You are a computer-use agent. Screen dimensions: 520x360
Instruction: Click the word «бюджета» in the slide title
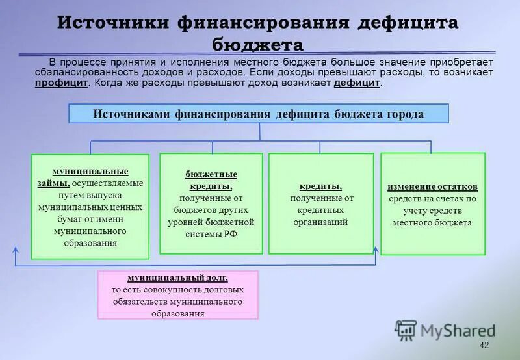coord(259,44)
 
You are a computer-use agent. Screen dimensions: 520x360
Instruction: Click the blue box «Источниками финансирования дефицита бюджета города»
coord(259,114)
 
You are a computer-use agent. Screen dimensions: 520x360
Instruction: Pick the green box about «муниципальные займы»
coord(90,207)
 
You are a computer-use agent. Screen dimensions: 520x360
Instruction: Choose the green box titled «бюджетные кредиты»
coord(211,203)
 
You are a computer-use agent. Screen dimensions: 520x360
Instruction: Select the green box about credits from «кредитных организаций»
coord(321,203)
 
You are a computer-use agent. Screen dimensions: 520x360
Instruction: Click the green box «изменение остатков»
coord(432,203)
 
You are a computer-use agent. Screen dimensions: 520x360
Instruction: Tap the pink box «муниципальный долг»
coord(177,295)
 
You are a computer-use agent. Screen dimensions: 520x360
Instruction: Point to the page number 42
coord(482,344)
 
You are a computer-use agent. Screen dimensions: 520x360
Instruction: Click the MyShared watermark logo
coord(445,330)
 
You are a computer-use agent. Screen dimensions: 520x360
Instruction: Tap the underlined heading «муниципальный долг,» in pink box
coord(177,277)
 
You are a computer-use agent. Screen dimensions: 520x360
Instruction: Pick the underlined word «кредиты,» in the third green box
coord(321,186)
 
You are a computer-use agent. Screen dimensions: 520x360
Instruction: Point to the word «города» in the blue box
coord(404,114)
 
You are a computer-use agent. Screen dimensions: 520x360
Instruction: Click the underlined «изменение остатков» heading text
coord(432,186)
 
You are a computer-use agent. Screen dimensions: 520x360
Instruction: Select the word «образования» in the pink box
coord(177,313)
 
